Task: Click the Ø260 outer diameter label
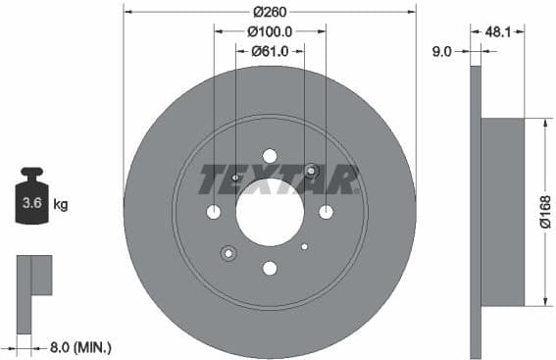(x=269, y=13)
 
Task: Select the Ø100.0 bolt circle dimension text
(x=269, y=31)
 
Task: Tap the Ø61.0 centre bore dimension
(x=269, y=51)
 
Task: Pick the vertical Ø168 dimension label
(x=545, y=213)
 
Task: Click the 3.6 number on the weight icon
(x=32, y=205)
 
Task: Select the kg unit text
(x=61, y=205)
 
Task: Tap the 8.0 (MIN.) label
(x=80, y=346)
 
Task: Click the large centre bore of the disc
(x=270, y=212)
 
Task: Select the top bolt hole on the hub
(x=270, y=156)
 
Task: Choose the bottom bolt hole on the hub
(x=270, y=268)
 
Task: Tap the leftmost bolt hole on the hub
(x=214, y=212)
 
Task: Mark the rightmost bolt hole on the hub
(x=326, y=212)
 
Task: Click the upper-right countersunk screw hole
(x=311, y=172)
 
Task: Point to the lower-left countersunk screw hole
(x=228, y=253)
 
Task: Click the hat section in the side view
(x=503, y=212)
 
